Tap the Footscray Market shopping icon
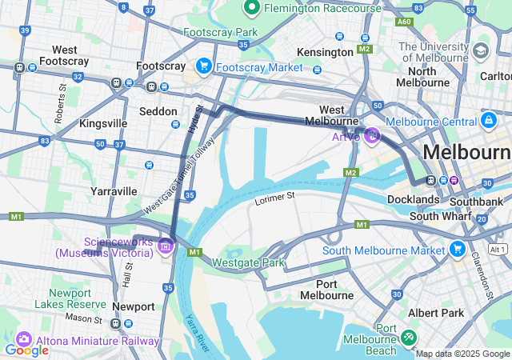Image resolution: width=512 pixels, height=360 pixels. [204, 66]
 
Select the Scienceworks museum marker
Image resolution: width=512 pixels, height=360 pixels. [166, 245]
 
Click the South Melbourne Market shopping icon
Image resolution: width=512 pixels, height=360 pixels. [458, 250]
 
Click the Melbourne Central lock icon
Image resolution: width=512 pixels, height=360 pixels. [487, 120]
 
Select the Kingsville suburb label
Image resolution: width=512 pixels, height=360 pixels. [103, 123]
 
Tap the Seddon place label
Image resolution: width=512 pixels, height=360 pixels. [158, 111]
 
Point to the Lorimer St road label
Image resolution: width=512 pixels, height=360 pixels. [275, 195]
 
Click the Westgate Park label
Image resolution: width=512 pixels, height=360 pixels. [248, 262]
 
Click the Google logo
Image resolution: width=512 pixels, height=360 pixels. [26, 350]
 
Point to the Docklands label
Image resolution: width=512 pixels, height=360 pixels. [413, 199]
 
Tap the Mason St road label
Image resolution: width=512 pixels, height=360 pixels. [83, 318]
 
